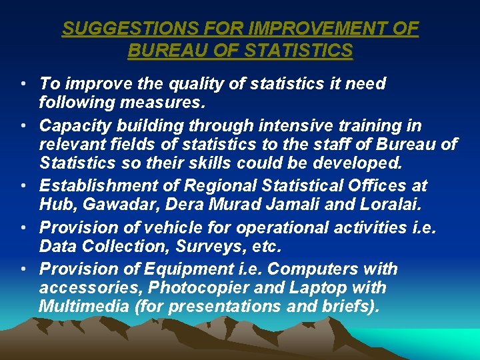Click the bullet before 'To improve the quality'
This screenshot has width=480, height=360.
[x=23, y=85]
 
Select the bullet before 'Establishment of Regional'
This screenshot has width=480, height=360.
[x=23, y=186]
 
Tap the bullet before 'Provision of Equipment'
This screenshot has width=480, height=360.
[x=23, y=270]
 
